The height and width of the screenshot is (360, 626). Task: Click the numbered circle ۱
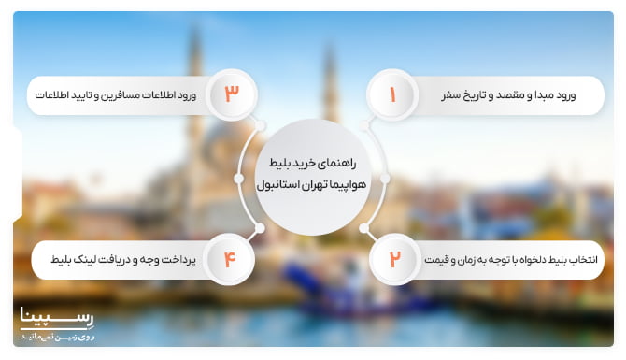click(x=391, y=95)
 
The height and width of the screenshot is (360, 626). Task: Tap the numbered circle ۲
click(x=393, y=259)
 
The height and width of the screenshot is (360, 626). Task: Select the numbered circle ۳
click(x=232, y=94)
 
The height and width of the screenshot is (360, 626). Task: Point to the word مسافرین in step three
click(x=114, y=95)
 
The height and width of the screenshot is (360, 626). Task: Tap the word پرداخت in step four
click(x=174, y=259)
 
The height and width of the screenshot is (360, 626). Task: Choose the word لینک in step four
click(x=78, y=259)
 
